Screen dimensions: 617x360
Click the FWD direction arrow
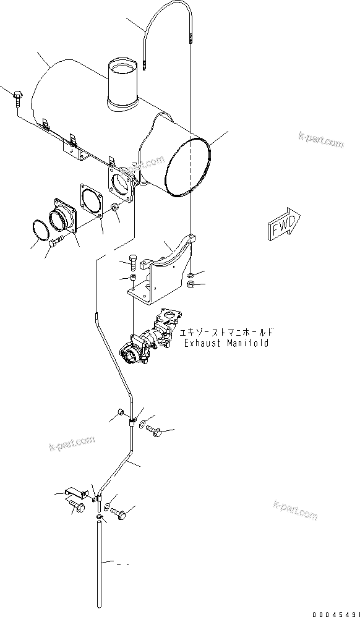284,224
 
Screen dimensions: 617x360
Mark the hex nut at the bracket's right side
191,284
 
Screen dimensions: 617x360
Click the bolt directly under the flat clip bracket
77,508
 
